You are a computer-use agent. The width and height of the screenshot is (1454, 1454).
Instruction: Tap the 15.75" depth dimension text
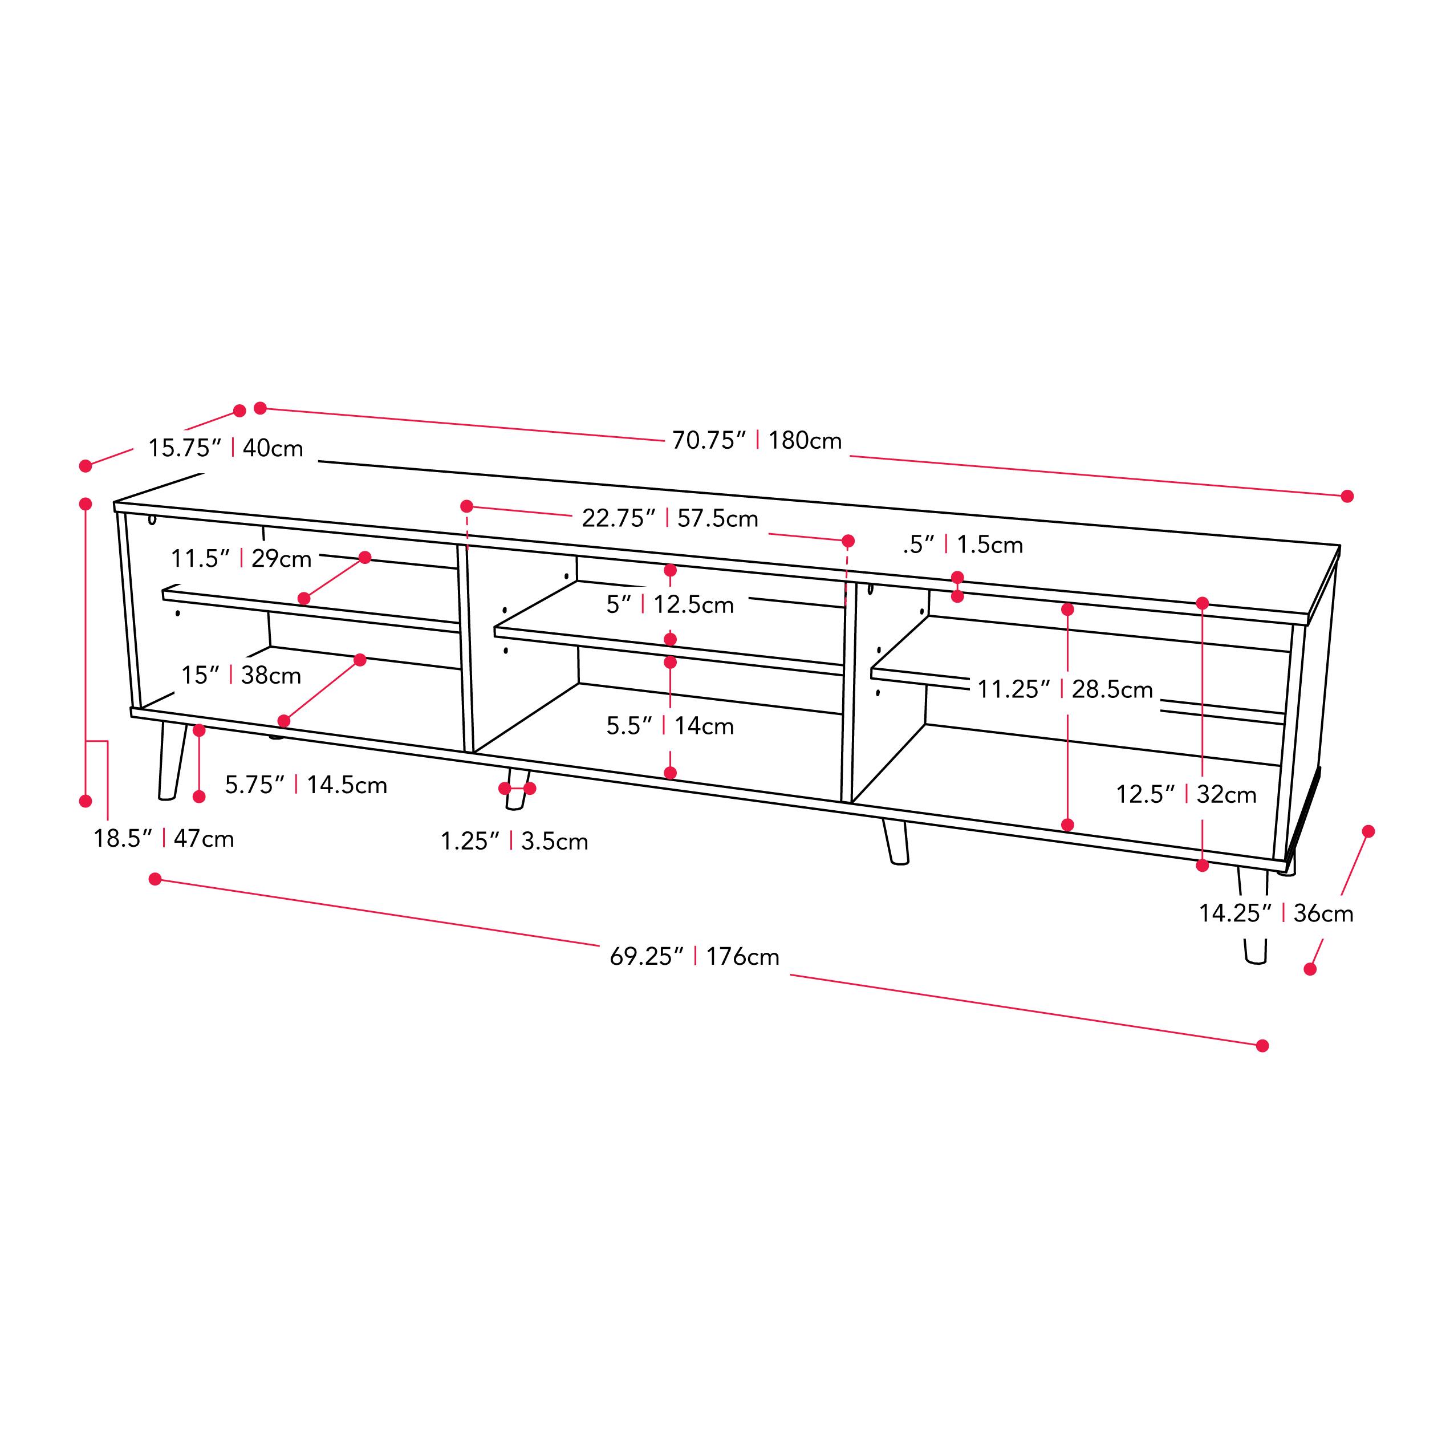(225, 448)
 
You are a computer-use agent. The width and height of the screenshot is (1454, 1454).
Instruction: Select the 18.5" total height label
(163, 838)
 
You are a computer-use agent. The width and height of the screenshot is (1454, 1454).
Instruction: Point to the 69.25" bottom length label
(694, 957)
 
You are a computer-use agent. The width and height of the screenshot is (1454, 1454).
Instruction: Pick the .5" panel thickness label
(962, 544)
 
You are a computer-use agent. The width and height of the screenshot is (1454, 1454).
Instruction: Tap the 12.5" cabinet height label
(1186, 794)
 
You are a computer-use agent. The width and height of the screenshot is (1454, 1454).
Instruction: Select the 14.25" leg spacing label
(1276, 913)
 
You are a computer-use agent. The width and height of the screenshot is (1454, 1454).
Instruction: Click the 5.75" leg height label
(306, 785)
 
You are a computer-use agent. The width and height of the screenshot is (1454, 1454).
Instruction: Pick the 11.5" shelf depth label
(241, 558)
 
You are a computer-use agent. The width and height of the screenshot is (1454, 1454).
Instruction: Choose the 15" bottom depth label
(241, 675)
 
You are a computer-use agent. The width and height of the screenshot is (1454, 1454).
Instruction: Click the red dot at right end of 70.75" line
(1347, 496)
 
